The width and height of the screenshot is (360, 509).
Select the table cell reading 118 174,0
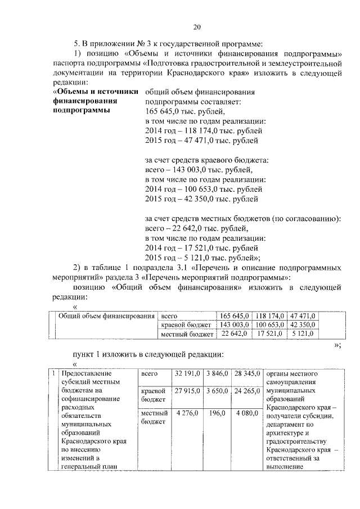(x=270, y=316)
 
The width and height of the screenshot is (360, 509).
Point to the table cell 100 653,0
(x=270, y=325)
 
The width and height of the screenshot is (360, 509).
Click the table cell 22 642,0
(x=235, y=335)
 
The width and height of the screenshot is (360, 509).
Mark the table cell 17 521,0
(x=271, y=335)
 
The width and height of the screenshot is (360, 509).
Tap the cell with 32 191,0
(x=187, y=373)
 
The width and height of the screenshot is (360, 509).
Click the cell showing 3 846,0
(x=216, y=373)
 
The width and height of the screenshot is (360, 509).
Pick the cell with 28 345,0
(x=246, y=373)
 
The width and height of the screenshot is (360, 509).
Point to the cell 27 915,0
(x=187, y=390)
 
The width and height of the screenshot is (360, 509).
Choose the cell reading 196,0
(x=217, y=413)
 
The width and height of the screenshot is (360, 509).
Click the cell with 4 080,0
(x=247, y=413)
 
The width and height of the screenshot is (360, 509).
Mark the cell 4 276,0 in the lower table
(x=187, y=413)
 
